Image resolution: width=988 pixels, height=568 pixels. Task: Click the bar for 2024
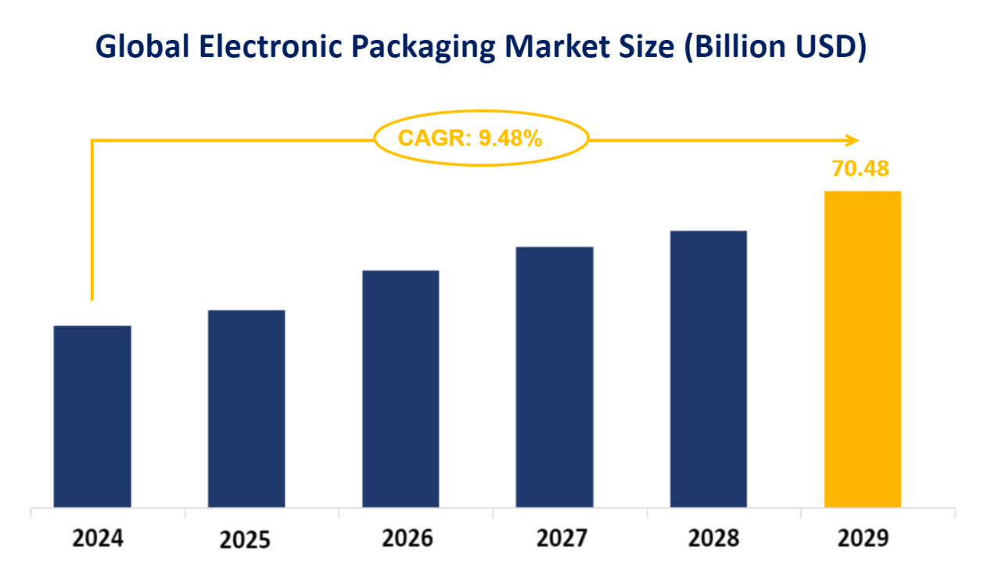pos(92,415)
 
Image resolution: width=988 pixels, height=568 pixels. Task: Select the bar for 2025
pos(246,408)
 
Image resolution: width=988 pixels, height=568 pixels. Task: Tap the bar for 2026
pos(401,388)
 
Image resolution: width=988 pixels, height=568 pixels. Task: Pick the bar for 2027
pos(555,376)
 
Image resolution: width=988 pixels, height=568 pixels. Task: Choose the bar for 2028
pos(709,368)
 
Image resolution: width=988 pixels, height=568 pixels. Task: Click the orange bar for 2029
pos(863,348)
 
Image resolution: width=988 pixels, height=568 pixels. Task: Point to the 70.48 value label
pos(860,168)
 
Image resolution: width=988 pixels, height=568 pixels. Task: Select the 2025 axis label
pos(245,541)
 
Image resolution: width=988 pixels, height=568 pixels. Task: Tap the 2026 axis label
pos(407,538)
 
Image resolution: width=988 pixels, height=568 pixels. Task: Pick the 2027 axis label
pos(562,538)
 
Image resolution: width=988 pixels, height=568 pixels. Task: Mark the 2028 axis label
pos(713,538)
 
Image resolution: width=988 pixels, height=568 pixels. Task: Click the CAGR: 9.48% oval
pos(480,138)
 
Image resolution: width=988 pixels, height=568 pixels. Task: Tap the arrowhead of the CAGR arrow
pos(853,140)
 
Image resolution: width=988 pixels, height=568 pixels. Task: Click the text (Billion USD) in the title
pos(775,48)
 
